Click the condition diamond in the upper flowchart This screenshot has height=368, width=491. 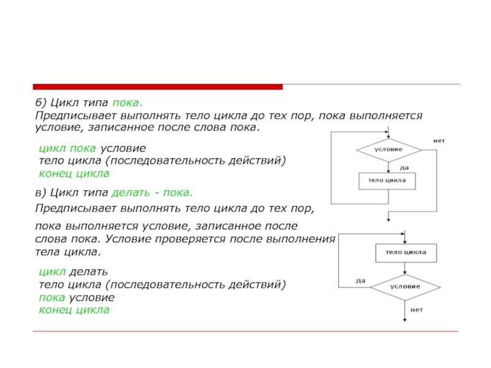point(389,150)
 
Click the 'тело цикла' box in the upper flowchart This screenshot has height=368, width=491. point(387,181)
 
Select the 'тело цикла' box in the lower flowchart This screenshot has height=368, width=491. point(405,253)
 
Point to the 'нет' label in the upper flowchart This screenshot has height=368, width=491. point(439,140)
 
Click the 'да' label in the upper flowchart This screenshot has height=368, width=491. point(404,167)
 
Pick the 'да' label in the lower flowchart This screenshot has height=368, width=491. point(360,280)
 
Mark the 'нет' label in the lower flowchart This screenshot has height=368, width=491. point(417,310)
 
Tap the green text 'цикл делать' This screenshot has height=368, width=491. point(73,271)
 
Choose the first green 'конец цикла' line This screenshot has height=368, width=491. point(74,174)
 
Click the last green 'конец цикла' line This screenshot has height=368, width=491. point(74,310)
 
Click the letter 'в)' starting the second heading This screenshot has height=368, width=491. point(40,193)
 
